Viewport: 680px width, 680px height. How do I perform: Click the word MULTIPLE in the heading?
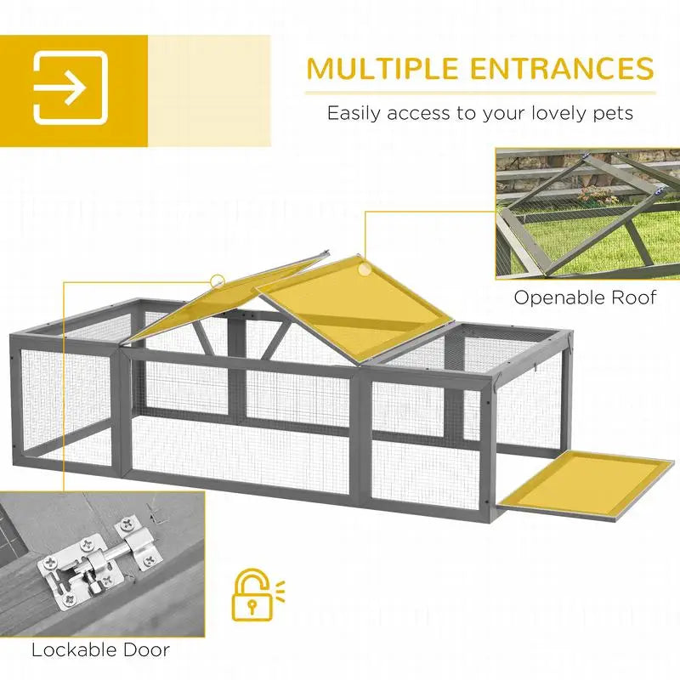(382, 68)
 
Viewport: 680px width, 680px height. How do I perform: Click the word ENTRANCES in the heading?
(562, 68)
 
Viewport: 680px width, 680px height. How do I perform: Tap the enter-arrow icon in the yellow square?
(71, 88)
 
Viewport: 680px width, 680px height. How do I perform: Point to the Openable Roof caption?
(585, 298)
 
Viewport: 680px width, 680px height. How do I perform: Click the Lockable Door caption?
(100, 650)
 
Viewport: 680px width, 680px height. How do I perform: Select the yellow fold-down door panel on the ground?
(586, 484)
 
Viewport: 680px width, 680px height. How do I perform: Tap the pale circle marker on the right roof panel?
(365, 269)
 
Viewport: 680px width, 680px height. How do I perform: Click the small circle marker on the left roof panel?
(218, 281)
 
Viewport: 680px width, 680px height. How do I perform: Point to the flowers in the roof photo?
(598, 195)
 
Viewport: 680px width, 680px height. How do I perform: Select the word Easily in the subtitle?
(354, 114)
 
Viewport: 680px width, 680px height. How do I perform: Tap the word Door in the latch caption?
(146, 650)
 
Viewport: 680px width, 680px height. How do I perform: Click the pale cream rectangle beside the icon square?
(209, 91)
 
